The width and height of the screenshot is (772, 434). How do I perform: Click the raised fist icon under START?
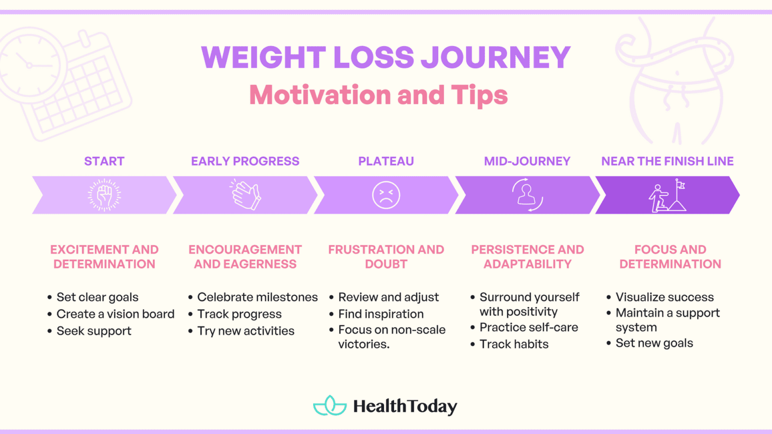pyautogui.click(x=105, y=195)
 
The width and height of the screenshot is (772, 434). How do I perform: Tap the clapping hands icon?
pyautogui.click(x=246, y=195)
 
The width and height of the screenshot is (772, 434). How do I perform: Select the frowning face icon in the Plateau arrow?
pyautogui.click(x=386, y=195)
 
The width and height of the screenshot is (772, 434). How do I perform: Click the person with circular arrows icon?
pyautogui.click(x=527, y=195)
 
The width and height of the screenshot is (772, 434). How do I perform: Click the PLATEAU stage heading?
pyautogui.click(x=386, y=161)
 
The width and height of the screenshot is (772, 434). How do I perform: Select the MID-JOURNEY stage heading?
pyautogui.click(x=527, y=161)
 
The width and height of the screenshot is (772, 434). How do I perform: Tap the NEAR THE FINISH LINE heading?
pyautogui.click(x=667, y=161)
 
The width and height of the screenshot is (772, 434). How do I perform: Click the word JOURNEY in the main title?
pyautogui.click(x=495, y=57)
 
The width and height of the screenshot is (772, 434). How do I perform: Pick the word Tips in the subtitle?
pyautogui.click(x=479, y=95)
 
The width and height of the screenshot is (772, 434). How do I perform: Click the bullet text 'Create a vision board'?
pyautogui.click(x=115, y=314)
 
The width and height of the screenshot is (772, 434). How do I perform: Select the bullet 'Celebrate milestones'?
pyautogui.click(x=257, y=297)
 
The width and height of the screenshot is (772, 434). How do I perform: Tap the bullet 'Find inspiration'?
pyautogui.click(x=380, y=314)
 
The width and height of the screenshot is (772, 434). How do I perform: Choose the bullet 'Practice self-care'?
pyautogui.click(x=529, y=328)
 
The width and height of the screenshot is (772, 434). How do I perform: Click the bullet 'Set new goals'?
pyautogui.click(x=654, y=343)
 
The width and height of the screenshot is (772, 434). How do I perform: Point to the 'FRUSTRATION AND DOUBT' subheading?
pyautogui.click(x=386, y=257)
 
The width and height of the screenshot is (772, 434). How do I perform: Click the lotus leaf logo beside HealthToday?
pyautogui.click(x=330, y=406)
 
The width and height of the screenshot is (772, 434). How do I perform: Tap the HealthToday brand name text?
pyautogui.click(x=405, y=406)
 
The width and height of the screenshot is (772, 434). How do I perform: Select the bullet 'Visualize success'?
pyautogui.click(x=664, y=297)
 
